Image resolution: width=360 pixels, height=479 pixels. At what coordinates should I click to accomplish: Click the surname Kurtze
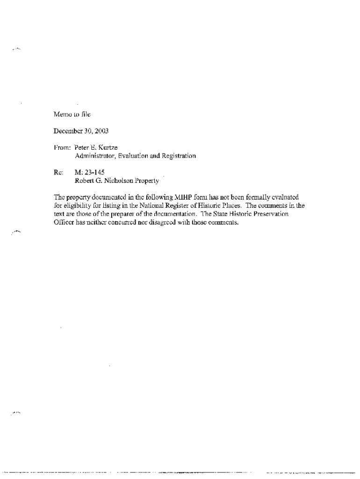(108, 147)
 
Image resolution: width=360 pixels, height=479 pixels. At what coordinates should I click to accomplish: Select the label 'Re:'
(58, 172)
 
